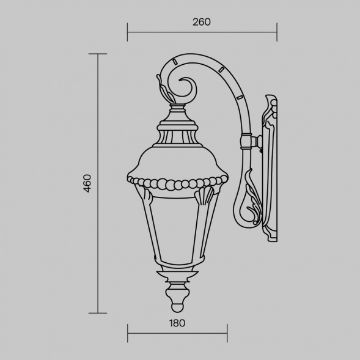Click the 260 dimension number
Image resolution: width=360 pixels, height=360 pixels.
[201, 22]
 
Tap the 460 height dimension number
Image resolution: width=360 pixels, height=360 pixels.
[87, 183]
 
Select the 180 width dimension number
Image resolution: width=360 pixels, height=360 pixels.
[177, 323]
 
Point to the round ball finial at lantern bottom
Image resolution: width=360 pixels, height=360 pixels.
[177, 307]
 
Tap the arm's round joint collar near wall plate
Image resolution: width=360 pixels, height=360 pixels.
[246, 141]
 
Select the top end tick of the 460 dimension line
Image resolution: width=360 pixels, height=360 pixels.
[98, 54]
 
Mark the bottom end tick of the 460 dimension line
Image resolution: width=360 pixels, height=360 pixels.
[98, 313]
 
